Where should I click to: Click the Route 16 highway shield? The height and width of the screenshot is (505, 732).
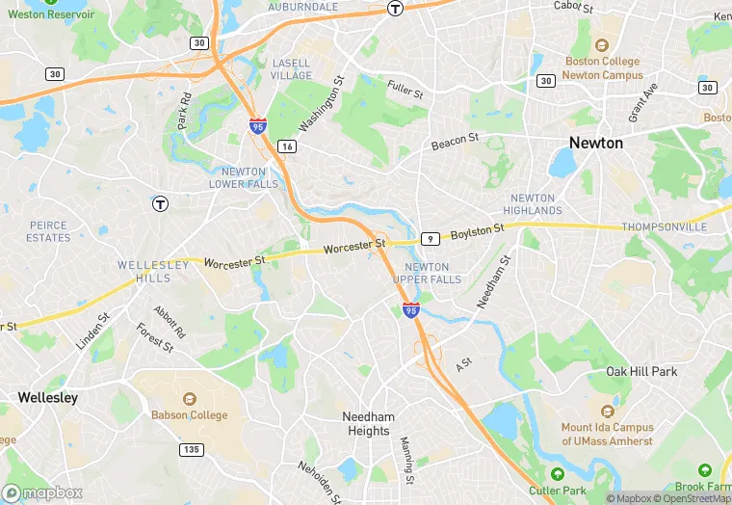(286, 146)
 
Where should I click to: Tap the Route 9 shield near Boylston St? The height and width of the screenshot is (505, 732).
(431, 238)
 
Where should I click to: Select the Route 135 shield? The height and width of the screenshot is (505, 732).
(192, 450)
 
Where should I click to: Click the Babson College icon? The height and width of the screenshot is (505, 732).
(189, 399)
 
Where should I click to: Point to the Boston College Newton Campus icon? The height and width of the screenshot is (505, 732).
(602, 45)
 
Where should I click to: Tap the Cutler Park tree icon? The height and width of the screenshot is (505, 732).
(558, 473)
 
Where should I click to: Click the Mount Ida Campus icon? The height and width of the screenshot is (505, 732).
(607, 410)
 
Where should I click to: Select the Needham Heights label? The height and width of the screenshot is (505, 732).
(367, 424)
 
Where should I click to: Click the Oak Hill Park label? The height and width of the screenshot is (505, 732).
(641, 371)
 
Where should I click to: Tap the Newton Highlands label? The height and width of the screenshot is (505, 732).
(532, 204)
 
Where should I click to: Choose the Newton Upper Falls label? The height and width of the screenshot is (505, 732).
(432, 273)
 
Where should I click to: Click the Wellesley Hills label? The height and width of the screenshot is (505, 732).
(144, 271)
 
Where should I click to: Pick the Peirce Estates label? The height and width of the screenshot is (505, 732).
(48, 231)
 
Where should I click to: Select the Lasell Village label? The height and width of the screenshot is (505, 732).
(291, 68)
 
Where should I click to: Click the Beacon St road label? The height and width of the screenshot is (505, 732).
(455, 142)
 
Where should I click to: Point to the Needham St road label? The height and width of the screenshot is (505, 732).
(494, 280)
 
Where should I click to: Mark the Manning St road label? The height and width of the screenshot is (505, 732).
(407, 460)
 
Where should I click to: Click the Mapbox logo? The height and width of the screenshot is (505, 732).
(42, 493)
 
